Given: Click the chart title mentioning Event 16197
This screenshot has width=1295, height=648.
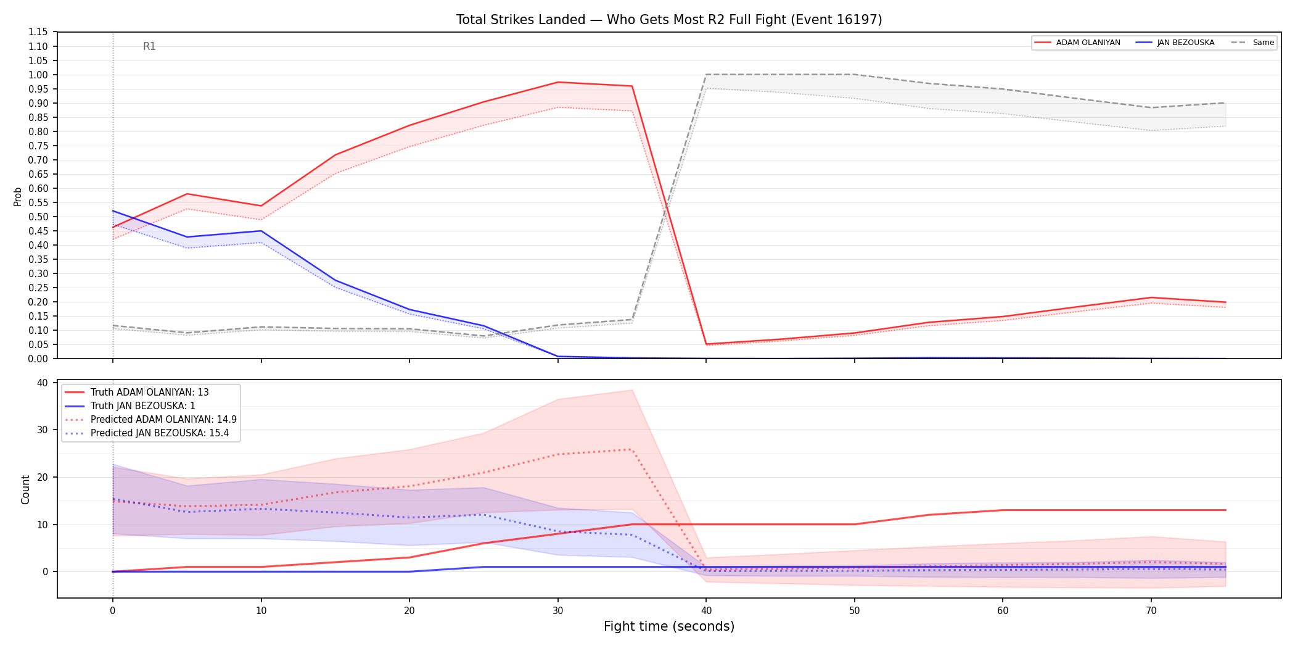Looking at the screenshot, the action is point(669,20).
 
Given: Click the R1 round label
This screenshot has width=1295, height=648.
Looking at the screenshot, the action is point(149,46).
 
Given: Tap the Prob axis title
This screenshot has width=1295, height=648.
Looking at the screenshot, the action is point(17,196).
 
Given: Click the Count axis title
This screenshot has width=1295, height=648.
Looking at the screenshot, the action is point(25,489).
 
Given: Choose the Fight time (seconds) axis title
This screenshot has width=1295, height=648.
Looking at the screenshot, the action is point(669,626).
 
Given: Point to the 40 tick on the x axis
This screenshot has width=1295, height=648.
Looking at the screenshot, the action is point(706,611).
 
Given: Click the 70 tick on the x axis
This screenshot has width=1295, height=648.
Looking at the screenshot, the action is point(1151,611).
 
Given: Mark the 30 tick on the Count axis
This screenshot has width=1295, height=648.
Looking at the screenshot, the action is point(42,430).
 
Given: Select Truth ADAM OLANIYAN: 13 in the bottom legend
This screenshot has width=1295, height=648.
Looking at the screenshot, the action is point(150,393).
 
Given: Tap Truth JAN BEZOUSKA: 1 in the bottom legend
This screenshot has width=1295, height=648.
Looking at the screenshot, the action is point(143,406).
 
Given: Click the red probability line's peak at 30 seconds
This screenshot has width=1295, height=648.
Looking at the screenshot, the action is point(558,82).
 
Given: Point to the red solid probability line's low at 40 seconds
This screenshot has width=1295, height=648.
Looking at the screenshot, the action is point(706,344).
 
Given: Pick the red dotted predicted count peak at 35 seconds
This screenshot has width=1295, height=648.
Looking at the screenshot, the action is point(632,449).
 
